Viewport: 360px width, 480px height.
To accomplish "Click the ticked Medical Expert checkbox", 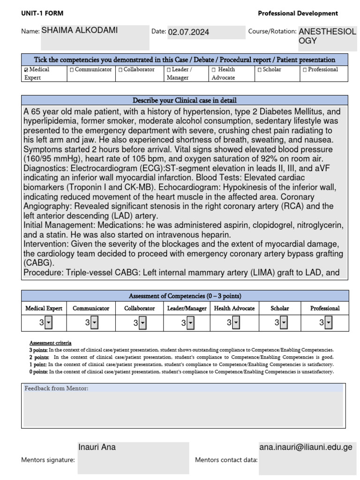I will click(26, 70).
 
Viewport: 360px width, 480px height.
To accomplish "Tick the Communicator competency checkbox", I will click(72, 70).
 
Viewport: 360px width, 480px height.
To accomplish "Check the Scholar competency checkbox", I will click(259, 70).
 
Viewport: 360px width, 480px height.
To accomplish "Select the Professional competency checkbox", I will click(305, 70).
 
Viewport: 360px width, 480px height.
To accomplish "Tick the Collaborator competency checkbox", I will click(120, 70).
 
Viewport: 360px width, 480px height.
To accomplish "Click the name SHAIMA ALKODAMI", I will click(79, 31).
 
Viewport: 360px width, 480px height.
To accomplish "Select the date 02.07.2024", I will click(188, 32).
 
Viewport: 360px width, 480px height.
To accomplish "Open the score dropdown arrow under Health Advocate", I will click(236, 322).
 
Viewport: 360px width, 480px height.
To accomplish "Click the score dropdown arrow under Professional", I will click(329, 322).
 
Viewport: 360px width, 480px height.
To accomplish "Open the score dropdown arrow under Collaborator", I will click(143, 322).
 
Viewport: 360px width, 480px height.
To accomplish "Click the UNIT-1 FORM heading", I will click(42, 14).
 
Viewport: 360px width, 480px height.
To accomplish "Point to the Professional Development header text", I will click(298, 14).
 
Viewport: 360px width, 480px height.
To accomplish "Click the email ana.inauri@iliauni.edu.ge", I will click(306, 447).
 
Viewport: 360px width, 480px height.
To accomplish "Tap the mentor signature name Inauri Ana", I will click(97, 447).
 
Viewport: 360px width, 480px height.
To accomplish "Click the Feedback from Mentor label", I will click(56, 388).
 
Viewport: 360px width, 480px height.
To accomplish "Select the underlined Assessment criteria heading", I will click(51, 343).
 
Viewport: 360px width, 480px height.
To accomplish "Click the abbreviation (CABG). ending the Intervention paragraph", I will click(37, 262).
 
